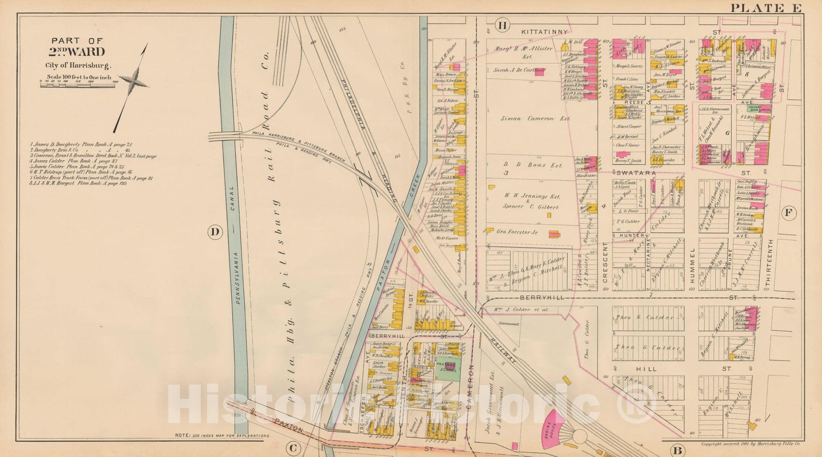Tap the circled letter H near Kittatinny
[x=502, y=25]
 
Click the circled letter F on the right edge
[x=789, y=212]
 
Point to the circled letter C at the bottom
[x=293, y=448]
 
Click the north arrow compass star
[x=135, y=83]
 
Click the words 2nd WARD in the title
[x=77, y=52]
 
